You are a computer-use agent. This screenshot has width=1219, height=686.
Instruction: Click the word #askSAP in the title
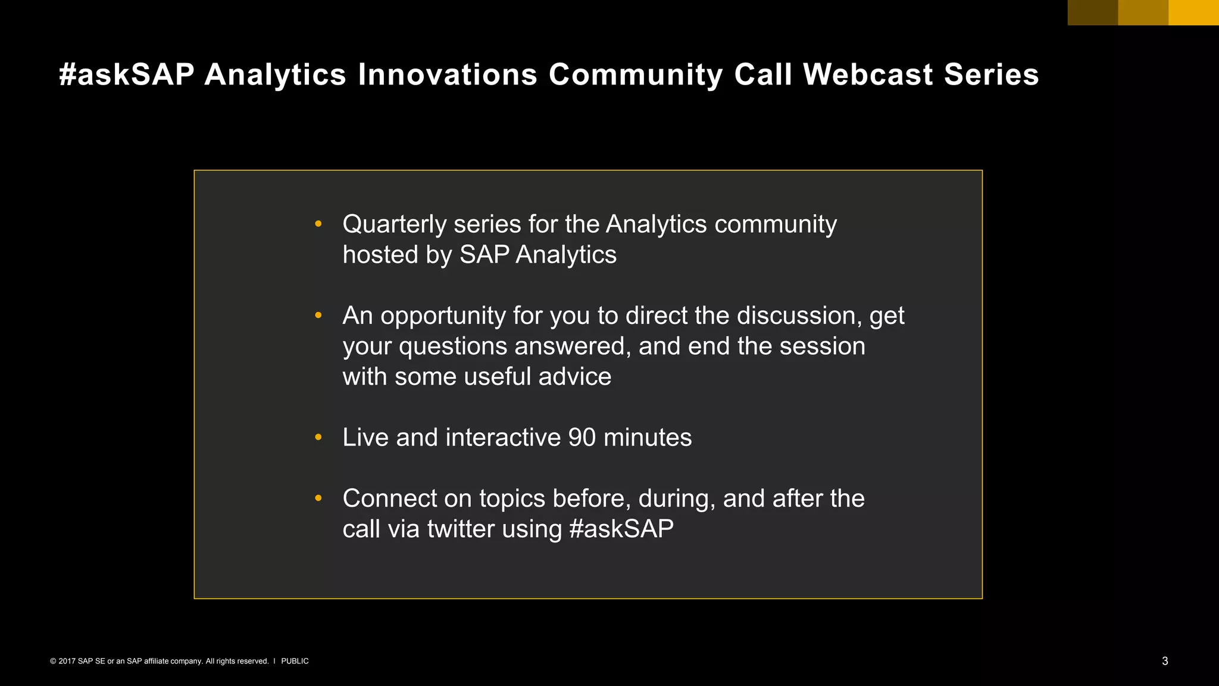(127, 75)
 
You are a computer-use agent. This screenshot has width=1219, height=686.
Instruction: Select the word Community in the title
(636, 75)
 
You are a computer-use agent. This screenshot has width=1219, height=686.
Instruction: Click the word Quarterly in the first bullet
(394, 225)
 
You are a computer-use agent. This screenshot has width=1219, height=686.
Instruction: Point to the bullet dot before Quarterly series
(318, 224)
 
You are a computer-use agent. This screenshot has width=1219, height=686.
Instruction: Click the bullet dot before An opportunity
(318, 315)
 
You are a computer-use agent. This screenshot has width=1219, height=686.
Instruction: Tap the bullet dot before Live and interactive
(318, 437)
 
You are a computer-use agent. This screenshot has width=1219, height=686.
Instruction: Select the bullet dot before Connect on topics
(318, 498)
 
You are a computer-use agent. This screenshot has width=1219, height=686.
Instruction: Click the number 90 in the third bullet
(582, 438)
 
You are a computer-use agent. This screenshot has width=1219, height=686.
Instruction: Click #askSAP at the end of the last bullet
(621, 529)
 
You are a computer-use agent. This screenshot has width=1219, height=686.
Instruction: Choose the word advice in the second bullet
(574, 377)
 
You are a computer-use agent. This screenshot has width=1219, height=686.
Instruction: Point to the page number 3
(1165, 661)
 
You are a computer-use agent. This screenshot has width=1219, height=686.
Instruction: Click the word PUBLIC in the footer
(295, 661)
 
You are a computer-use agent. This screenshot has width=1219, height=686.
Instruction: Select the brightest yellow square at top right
(1193, 13)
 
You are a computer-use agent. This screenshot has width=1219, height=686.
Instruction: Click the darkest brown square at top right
(1093, 13)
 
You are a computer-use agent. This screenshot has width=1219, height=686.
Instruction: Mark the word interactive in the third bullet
(503, 438)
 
